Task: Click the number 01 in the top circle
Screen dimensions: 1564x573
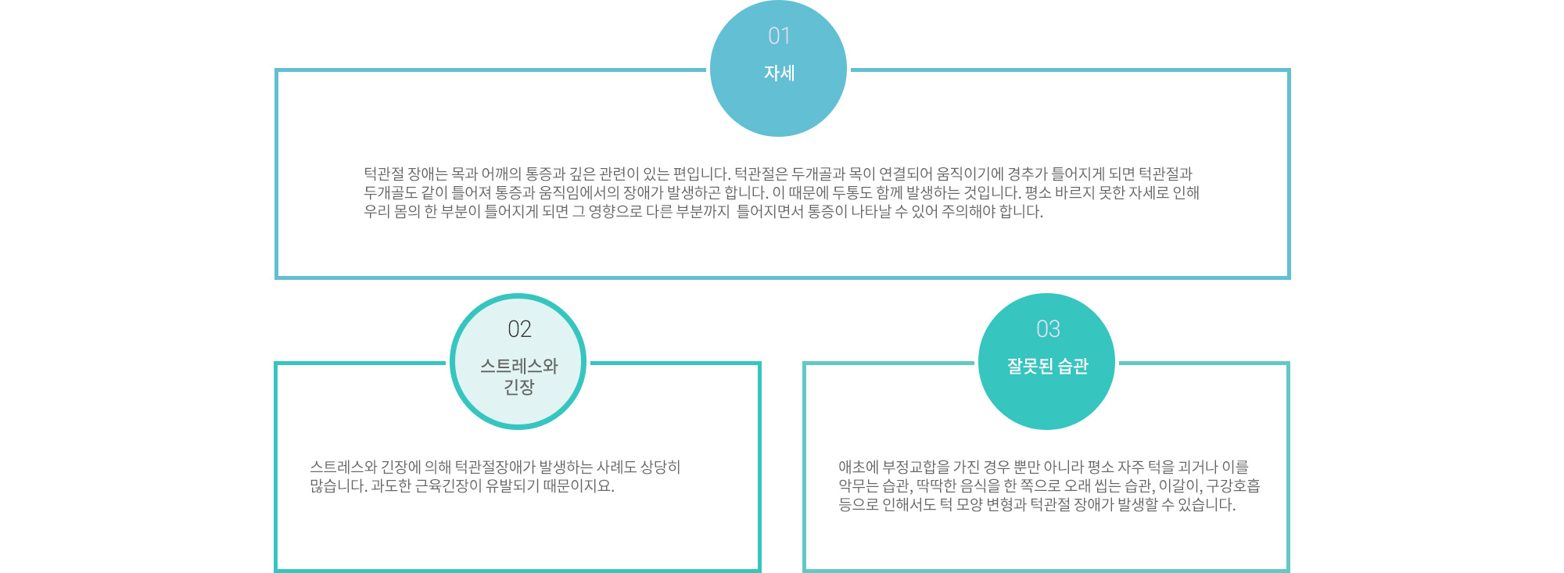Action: coord(779,36)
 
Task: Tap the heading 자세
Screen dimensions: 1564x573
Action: coord(779,73)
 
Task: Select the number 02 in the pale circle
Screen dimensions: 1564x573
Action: coord(519,329)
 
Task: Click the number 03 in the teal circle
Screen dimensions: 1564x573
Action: coord(1048,329)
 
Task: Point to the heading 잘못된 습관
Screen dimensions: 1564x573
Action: coord(1047,366)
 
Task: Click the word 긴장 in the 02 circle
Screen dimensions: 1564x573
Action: coord(518,387)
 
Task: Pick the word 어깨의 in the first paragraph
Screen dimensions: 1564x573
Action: coord(501,174)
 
